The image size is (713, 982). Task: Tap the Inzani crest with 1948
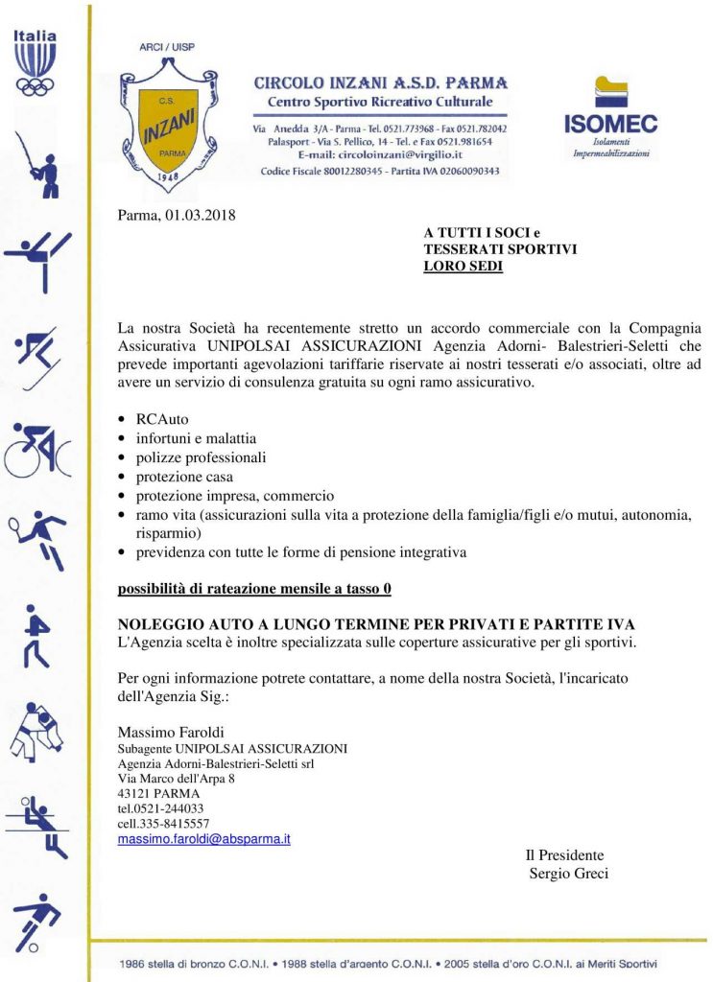pyautogui.click(x=169, y=119)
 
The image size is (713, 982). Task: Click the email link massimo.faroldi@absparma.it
pyautogui.click(x=203, y=839)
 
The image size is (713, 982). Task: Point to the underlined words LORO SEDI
pyautogui.click(x=463, y=266)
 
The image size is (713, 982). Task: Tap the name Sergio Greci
pyautogui.click(x=569, y=874)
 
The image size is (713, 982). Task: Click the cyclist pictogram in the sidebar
pyautogui.click(x=36, y=451)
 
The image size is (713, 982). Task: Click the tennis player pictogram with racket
pyautogui.click(x=37, y=538)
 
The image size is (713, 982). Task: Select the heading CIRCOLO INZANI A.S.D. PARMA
pyautogui.click(x=381, y=83)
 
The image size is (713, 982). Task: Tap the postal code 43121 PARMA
pyautogui.click(x=158, y=794)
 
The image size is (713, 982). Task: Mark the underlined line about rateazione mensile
pyautogui.click(x=253, y=587)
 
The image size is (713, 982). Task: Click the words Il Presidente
pyautogui.click(x=565, y=855)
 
